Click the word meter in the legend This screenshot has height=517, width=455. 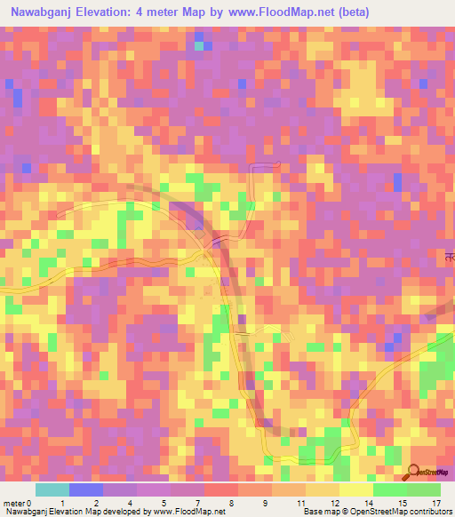(x=13, y=503)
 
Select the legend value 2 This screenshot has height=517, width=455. (x=95, y=503)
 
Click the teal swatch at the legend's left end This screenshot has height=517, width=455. (x=52, y=489)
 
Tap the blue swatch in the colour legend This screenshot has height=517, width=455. (x=86, y=489)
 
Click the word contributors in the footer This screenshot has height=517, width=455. (x=429, y=513)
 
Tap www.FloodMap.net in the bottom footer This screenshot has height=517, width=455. (x=188, y=513)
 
